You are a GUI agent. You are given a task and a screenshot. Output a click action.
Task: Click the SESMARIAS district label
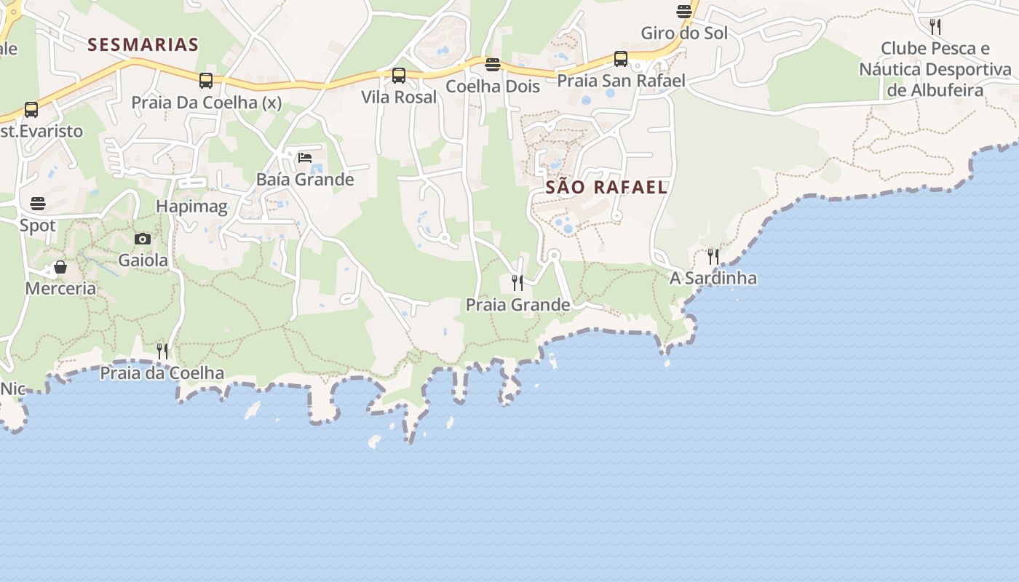click(143, 44)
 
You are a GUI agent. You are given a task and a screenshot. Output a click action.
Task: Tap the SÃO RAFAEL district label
click(606, 187)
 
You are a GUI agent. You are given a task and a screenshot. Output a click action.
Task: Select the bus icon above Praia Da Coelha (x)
click(206, 80)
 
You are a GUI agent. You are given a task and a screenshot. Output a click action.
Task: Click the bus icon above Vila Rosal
click(399, 75)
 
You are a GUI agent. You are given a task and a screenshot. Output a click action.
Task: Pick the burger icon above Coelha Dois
click(493, 65)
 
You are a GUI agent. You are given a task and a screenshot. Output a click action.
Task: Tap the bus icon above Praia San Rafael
click(621, 58)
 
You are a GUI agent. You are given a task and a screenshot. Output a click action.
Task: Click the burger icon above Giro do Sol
click(684, 12)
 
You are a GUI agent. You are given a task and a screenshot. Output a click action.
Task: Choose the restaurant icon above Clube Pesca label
click(935, 27)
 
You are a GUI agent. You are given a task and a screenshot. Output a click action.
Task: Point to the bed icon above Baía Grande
click(305, 157)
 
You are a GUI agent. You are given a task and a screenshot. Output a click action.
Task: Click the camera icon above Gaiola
click(143, 239)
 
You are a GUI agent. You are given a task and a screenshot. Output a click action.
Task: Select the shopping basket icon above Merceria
click(60, 267)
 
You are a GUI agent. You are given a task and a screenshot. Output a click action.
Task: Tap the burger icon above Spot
click(38, 204)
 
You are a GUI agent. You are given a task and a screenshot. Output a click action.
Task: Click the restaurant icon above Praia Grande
click(518, 282)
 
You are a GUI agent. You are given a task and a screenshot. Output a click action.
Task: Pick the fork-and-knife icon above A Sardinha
click(713, 256)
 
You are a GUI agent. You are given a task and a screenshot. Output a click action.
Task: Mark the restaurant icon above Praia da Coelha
click(162, 351)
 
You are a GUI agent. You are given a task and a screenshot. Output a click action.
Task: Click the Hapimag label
click(192, 207)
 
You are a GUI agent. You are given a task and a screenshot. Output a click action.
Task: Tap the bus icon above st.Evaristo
click(31, 110)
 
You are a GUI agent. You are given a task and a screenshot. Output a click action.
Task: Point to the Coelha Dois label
click(493, 87)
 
